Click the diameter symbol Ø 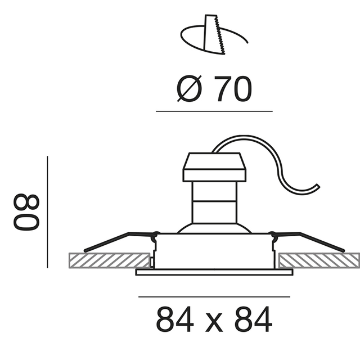pyautogui.click(x=190, y=89)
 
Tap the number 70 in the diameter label pyautogui.click(x=232, y=89)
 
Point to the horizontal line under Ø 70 pyautogui.click(x=214, y=111)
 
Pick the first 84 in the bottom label pyautogui.click(x=173, y=320)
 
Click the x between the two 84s pyautogui.click(x=214, y=323)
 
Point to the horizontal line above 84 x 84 pyautogui.click(x=214, y=296)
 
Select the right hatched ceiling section pyautogui.click(x=319, y=260)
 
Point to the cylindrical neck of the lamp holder pyautogui.click(x=214, y=202)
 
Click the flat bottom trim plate pyautogui.click(x=214, y=272)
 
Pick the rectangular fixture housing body pyautogui.click(x=214, y=250)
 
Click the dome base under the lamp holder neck pyautogui.click(x=214, y=228)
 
